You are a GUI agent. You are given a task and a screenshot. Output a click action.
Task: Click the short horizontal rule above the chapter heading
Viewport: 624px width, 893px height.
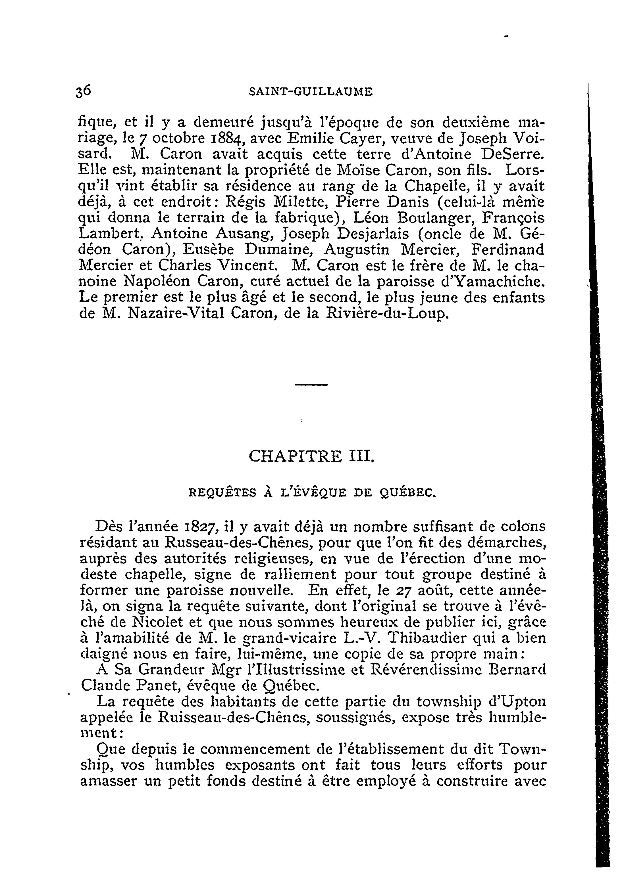(311, 385)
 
